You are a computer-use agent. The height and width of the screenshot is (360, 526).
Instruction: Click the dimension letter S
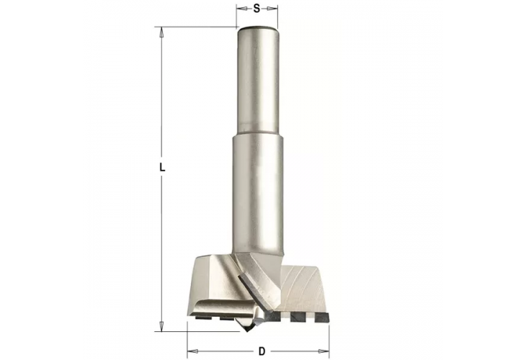click(257, 9)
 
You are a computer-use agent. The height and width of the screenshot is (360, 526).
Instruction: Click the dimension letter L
click(163, 166)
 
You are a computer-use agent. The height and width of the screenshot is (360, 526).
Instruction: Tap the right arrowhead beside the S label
click(275, 9)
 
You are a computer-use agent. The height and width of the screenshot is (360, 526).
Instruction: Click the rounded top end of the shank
click(258, 29)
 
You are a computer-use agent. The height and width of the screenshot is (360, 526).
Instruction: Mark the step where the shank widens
click(258, 135)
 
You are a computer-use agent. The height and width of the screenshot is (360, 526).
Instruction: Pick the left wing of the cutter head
click(213, 284)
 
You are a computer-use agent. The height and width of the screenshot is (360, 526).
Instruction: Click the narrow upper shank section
click(258, 79)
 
